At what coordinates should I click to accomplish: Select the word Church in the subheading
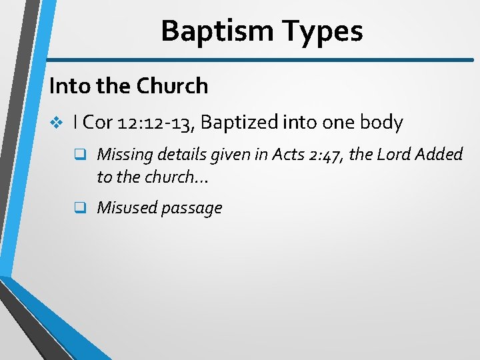click(173, 86)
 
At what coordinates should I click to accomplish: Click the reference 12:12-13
click(156, 123)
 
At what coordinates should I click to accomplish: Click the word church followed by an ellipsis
click(173, 177)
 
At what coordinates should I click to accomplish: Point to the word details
click(181, 155)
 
